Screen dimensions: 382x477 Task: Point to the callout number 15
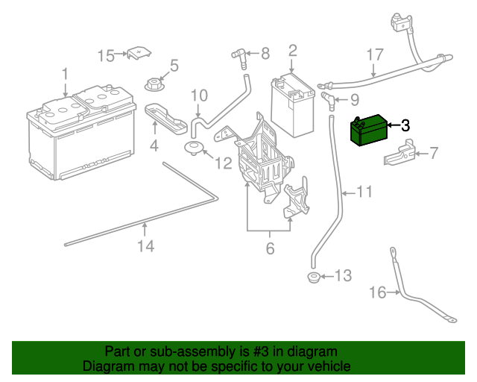[x=107, y=55]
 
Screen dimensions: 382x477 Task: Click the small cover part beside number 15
[x=138, y=54]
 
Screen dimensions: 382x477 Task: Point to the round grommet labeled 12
[x=195, y=146]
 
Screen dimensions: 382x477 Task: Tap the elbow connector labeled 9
[x=329, y=98]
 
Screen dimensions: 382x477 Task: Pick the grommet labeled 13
[x=314, y=279]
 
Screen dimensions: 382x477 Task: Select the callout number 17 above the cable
[x=374, y=55]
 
